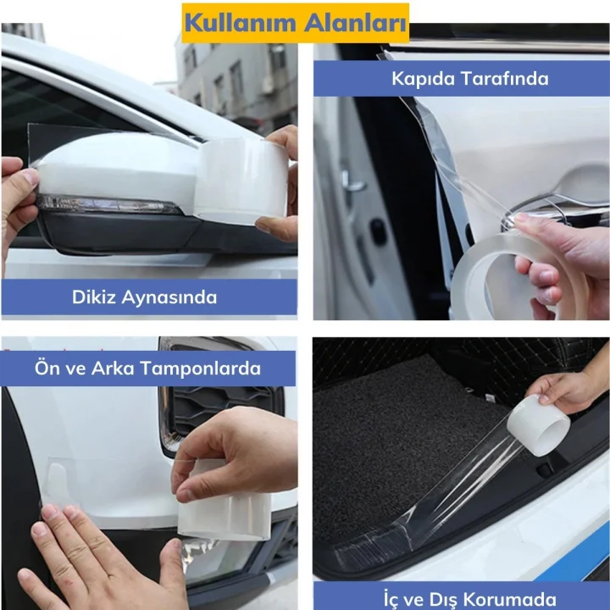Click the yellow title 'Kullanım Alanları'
296,22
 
